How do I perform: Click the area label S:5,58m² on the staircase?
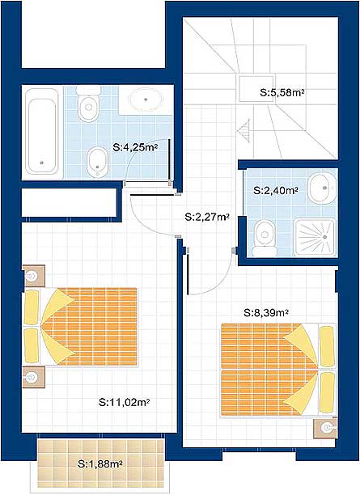point(282,93)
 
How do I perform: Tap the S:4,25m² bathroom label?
point(135,147)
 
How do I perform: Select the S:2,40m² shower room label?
point(277,191)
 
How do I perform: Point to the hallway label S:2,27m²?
point(207,217)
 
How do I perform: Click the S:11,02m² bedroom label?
point(124,403)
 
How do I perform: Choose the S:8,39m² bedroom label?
point(266,313)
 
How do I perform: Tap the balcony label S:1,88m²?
point(100,464)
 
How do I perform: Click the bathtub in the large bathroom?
point(42,131)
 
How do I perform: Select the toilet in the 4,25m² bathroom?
point(88,104)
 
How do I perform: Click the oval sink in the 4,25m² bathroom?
point(146,99)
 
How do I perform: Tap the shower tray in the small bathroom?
point(315,237)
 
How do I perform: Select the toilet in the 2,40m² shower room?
point(265,238)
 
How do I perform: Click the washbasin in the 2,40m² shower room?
point(322,188)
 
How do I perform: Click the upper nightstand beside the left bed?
point(34,276)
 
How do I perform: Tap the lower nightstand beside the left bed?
point(34,377)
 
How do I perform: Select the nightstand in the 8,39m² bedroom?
point(325,429)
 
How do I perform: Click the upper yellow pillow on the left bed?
point(32,307)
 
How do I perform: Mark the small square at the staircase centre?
point(256,89)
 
